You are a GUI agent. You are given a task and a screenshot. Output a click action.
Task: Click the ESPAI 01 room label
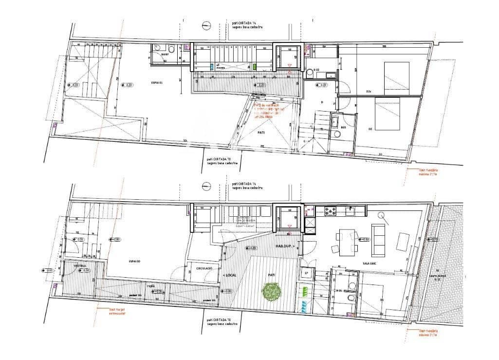[158, 82]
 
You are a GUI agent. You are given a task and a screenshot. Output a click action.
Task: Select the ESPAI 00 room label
[135, 262]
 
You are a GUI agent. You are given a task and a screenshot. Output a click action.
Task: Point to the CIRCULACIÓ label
[203, 268]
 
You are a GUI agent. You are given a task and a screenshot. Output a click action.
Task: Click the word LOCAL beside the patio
[230, 275]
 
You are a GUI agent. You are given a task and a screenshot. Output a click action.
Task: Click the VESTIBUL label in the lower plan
[80, 266]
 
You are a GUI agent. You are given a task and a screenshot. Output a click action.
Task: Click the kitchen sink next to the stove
[350, 211]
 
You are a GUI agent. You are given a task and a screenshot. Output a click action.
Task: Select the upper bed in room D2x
[397, 78]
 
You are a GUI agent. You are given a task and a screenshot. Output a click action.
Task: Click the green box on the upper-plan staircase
[255, 67]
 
